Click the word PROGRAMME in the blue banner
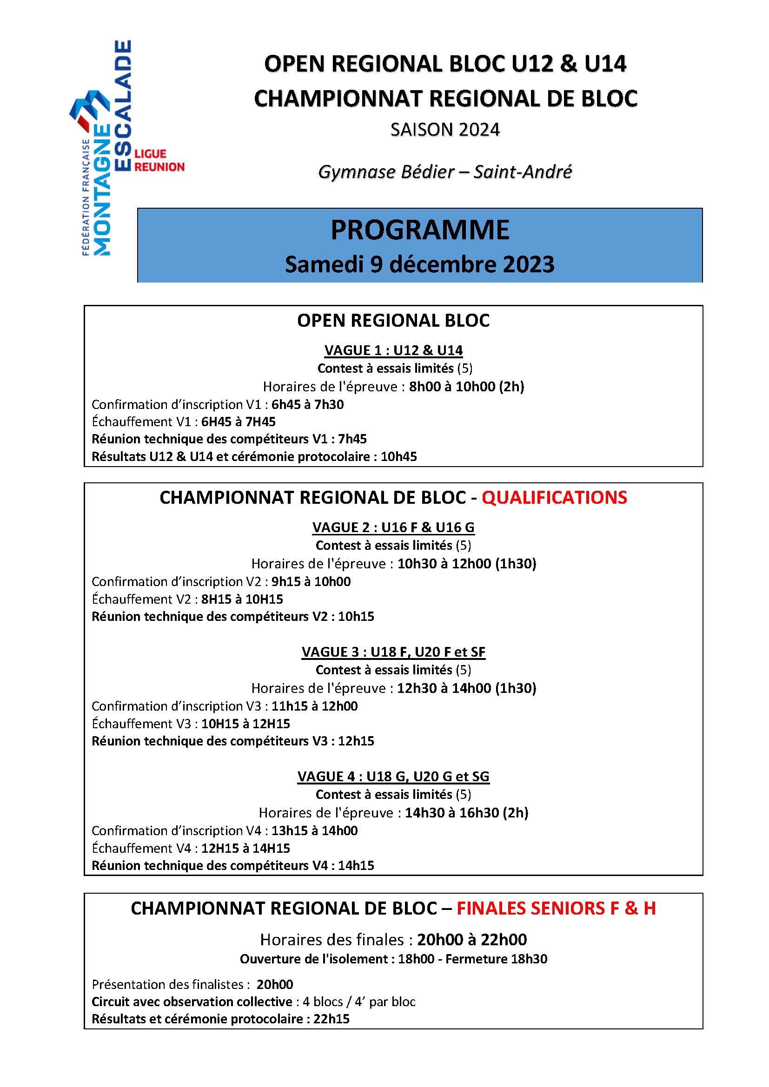(x=419, y=230)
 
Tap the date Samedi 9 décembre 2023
(x=419, y=264)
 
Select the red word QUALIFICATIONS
(x=554, y=498)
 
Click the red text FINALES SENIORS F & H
(x=556, y=908)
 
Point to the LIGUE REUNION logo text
(x=159, y=160)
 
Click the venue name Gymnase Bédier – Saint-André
(x=444, y=171)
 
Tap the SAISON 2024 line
(x=444, y=130)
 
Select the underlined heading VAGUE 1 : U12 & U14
(x=393, y=350)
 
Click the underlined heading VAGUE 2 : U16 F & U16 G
(x=393, y=527)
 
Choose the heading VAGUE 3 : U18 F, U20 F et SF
(x=393, y=652)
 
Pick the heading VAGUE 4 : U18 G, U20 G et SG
(x=393, y=777)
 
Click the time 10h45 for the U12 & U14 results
(x=399, y=457)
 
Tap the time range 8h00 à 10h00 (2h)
(x=466, y=387)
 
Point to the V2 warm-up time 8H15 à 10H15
(x=242, y=599)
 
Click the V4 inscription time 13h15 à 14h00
(x=314, y=830)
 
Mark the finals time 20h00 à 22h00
(x=471, y=939)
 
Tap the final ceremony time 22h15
(x=331, y=1019)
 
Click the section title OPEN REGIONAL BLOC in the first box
(x=393, y=321)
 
